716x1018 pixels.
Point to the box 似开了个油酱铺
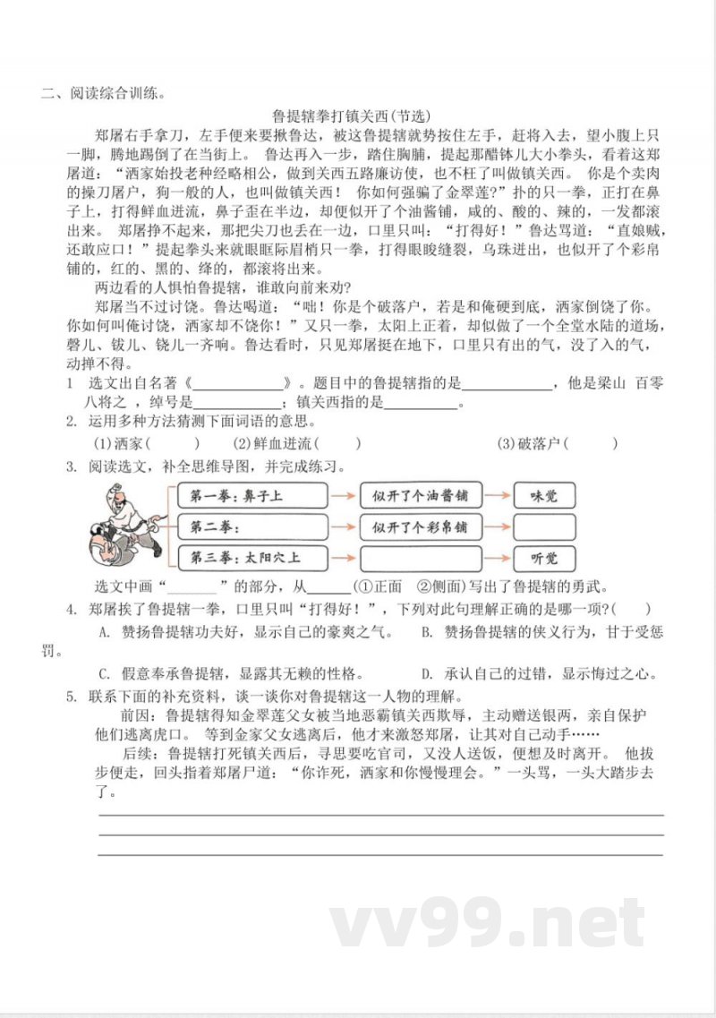[x=421, y=495]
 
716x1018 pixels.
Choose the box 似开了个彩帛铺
[x=421, y=526]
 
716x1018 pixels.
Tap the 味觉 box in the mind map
[x=543, y=495]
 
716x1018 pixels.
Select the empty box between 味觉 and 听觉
[x=543, y=526]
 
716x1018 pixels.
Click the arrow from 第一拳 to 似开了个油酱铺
[x=339, y=495]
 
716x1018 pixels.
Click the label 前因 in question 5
[x=141, y=716]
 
